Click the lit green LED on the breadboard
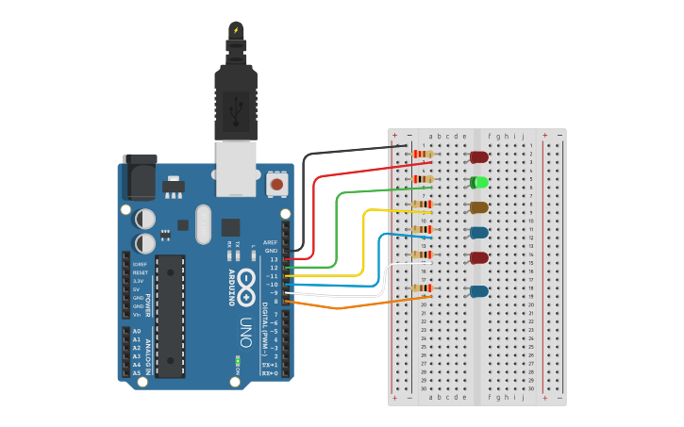pyautogui.click(x=479, y=182)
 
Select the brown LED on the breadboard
pyautogui.click(x=479, y=207)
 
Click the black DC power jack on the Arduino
pyautogui.click(x=140, y=175)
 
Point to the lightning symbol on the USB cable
pyautogui.click(x=236, y=30)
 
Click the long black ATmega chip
pyautogui.click(x=170, y=315)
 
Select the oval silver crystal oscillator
pyautogui.click(x=204, y=224)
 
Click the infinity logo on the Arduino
pyautogui.click(x=246, y=282)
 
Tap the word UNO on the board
pyautogui.click(x=245, y=332)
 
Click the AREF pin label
pyautogui.click(x=271, y=242)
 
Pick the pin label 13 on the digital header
pyautogui.click(x=274, y=259)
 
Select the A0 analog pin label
pyautogui.click(x=137, y=332)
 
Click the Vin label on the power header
pyautogui.click(x=138, y=315)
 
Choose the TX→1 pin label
pyautogui.click(x=270, y=365)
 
